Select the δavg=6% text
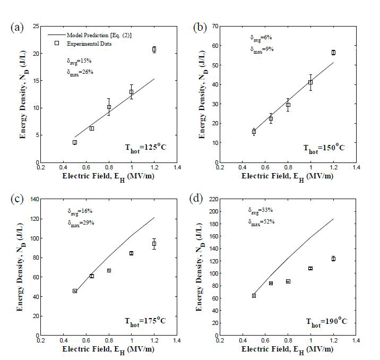pyautogui.click(x=261, y=38)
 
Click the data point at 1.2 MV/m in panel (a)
pyautogui.click(x=154, y=49)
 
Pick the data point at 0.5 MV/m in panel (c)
pyautogui.click(x=75, y=291)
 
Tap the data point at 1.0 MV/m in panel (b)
pyautogui.click(x=310, y=82)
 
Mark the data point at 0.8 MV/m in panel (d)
pyautogui.click(x=288, y=281)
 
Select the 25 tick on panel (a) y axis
pyautogui.click(x=35, y=26)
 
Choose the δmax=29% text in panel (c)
pyautogui.click(x=81, y=222)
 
